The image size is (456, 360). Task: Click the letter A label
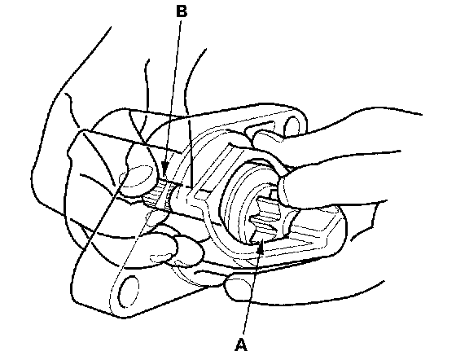241,345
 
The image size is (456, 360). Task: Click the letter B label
182,12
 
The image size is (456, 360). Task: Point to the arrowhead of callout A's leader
261,245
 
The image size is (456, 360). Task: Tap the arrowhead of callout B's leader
164,169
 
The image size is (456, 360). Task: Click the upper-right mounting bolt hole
292,126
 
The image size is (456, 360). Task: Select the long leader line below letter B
173,93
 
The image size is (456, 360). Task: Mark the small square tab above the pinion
273,192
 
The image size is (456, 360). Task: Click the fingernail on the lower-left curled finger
160,257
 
